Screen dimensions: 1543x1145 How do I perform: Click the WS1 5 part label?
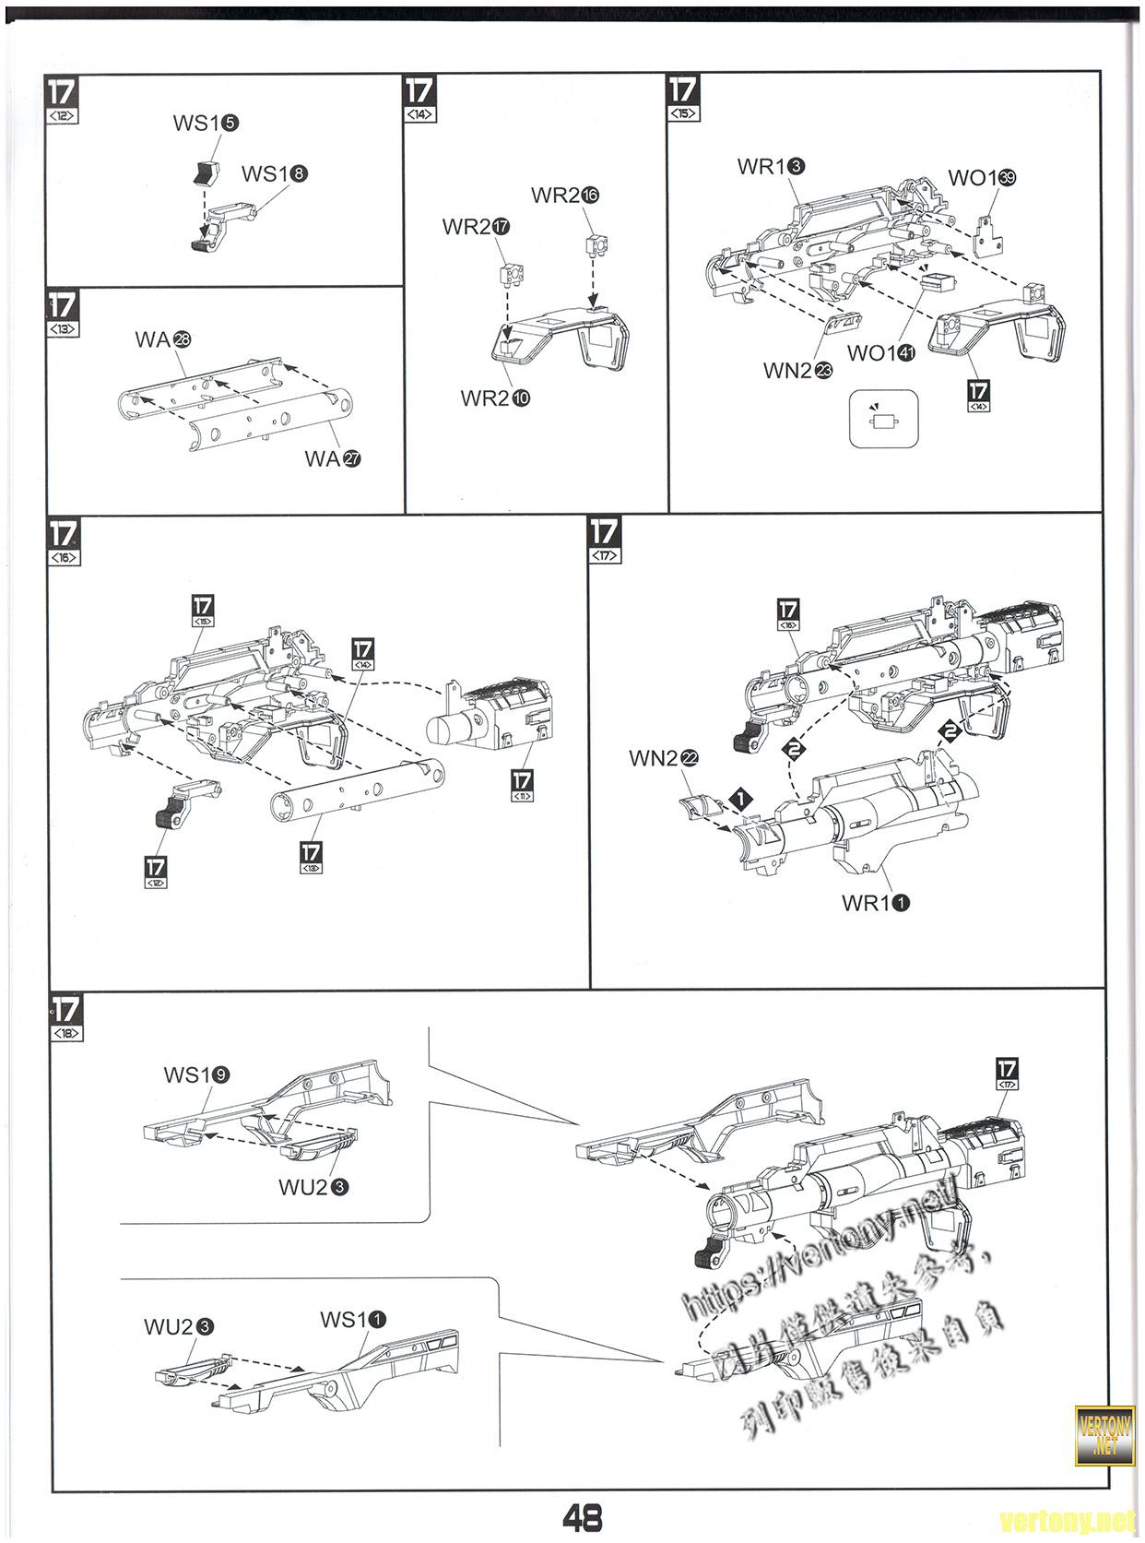(206, 124)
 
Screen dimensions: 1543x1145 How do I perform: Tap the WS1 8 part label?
(275, 173)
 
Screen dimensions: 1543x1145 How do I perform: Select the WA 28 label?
(162, 339)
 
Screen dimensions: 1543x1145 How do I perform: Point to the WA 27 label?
(333, 458)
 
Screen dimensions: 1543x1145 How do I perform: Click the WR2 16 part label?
(565, 196)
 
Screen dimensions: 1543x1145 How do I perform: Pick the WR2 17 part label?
(476, 227)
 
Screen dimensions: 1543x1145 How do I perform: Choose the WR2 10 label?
(495, 398)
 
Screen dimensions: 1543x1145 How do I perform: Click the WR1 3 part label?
(772, 167)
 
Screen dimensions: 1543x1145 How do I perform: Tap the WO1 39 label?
(982, 178)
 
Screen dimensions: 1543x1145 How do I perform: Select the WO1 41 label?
(880, 352)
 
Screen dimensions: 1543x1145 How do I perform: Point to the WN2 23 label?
(798, 371)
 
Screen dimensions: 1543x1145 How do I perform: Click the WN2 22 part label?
(664, 758)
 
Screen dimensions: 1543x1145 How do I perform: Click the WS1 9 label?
(196, 1074)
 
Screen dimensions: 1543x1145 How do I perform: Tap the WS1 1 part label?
(353, 1320)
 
